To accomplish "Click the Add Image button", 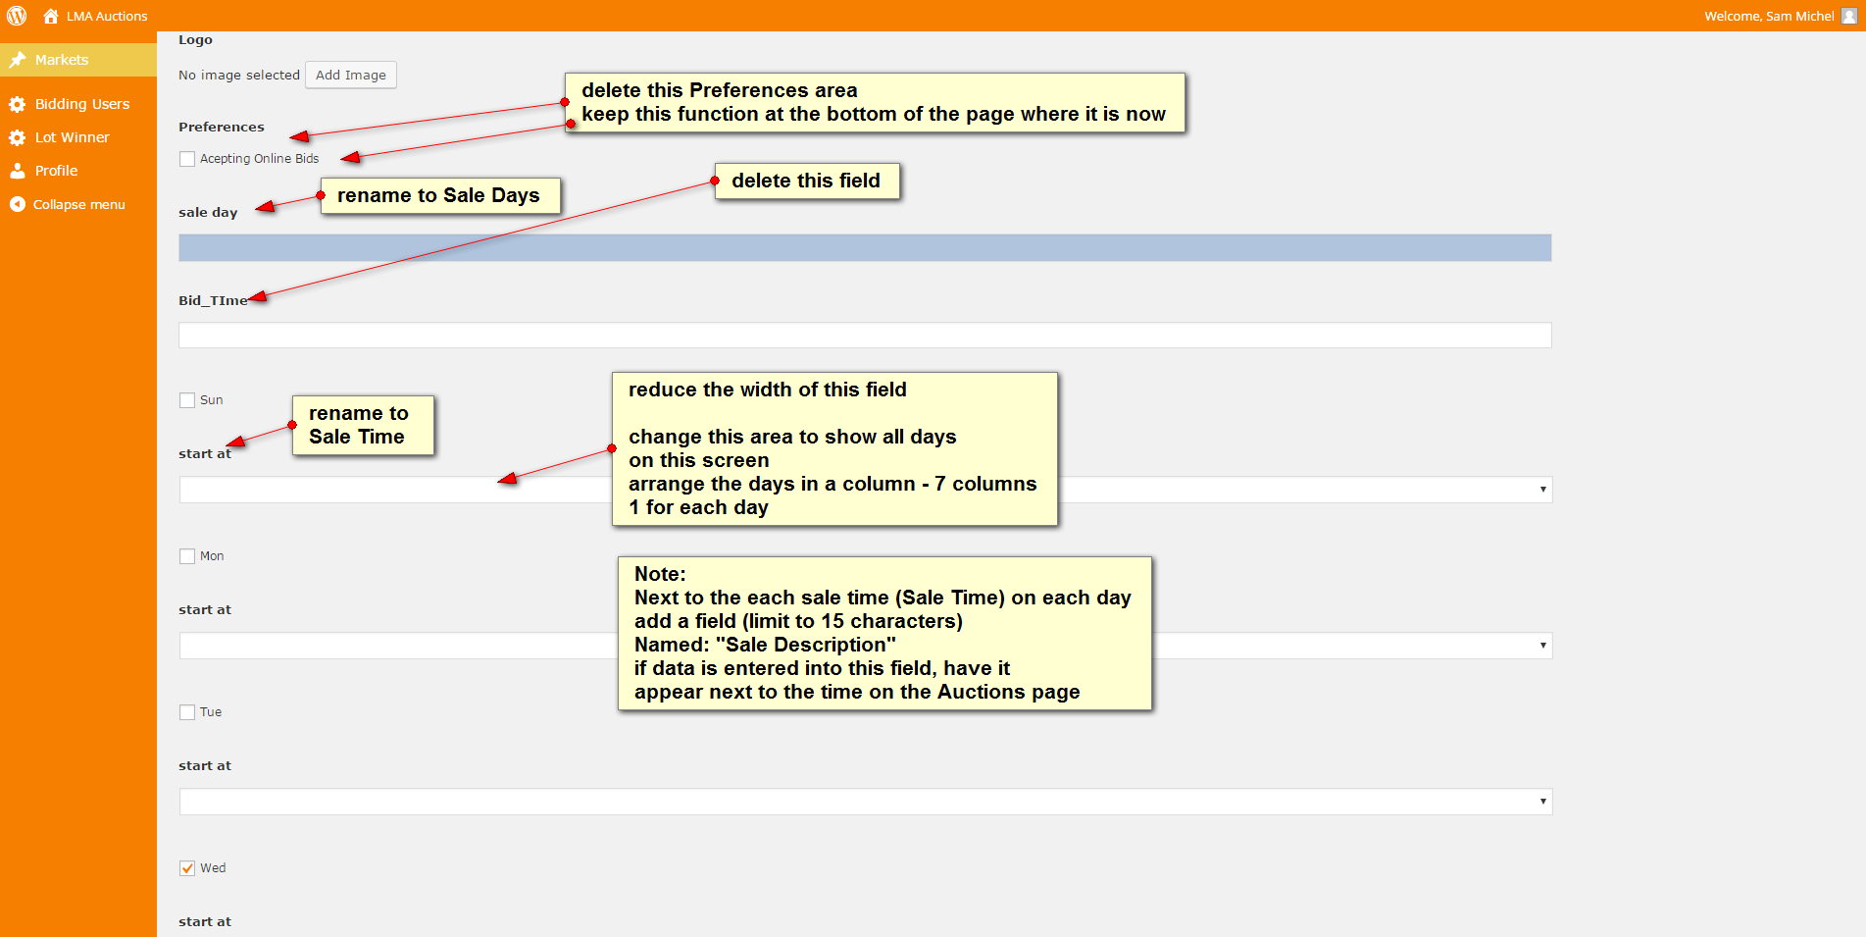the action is coord(351,76).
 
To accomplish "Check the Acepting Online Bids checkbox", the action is coord(187,159).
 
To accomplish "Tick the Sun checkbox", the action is coord(187,400).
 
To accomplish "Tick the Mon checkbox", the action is coord(187,556).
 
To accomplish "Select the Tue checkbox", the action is coord(187,712).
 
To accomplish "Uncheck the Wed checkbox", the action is coord(187,868).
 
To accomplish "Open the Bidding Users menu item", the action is coord(82,104).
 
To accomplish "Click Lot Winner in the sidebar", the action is coord(73,137).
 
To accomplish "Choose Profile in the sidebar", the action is coord(56,171).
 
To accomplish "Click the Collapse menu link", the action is coord(79,205).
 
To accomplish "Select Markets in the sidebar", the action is coord(62,60).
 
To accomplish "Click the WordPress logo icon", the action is coord(17,16).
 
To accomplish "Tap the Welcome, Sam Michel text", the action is coord(1769,16).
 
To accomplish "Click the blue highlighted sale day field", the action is coord(865,247).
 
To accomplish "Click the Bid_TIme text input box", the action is coord(865,336).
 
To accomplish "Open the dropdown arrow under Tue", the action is coord(1542,802).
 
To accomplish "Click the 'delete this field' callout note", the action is coord(807,182).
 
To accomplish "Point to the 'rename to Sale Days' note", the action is coord(440,195).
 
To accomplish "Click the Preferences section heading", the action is coord(222,128).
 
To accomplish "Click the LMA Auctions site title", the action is coord(107,16).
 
